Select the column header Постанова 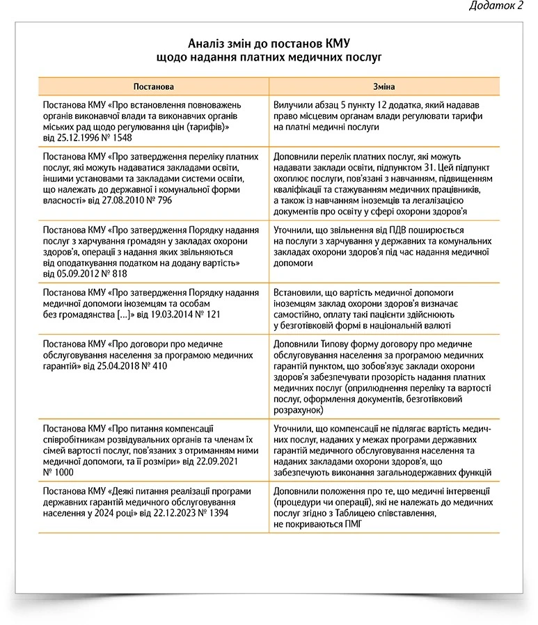(x=154, y=87)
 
